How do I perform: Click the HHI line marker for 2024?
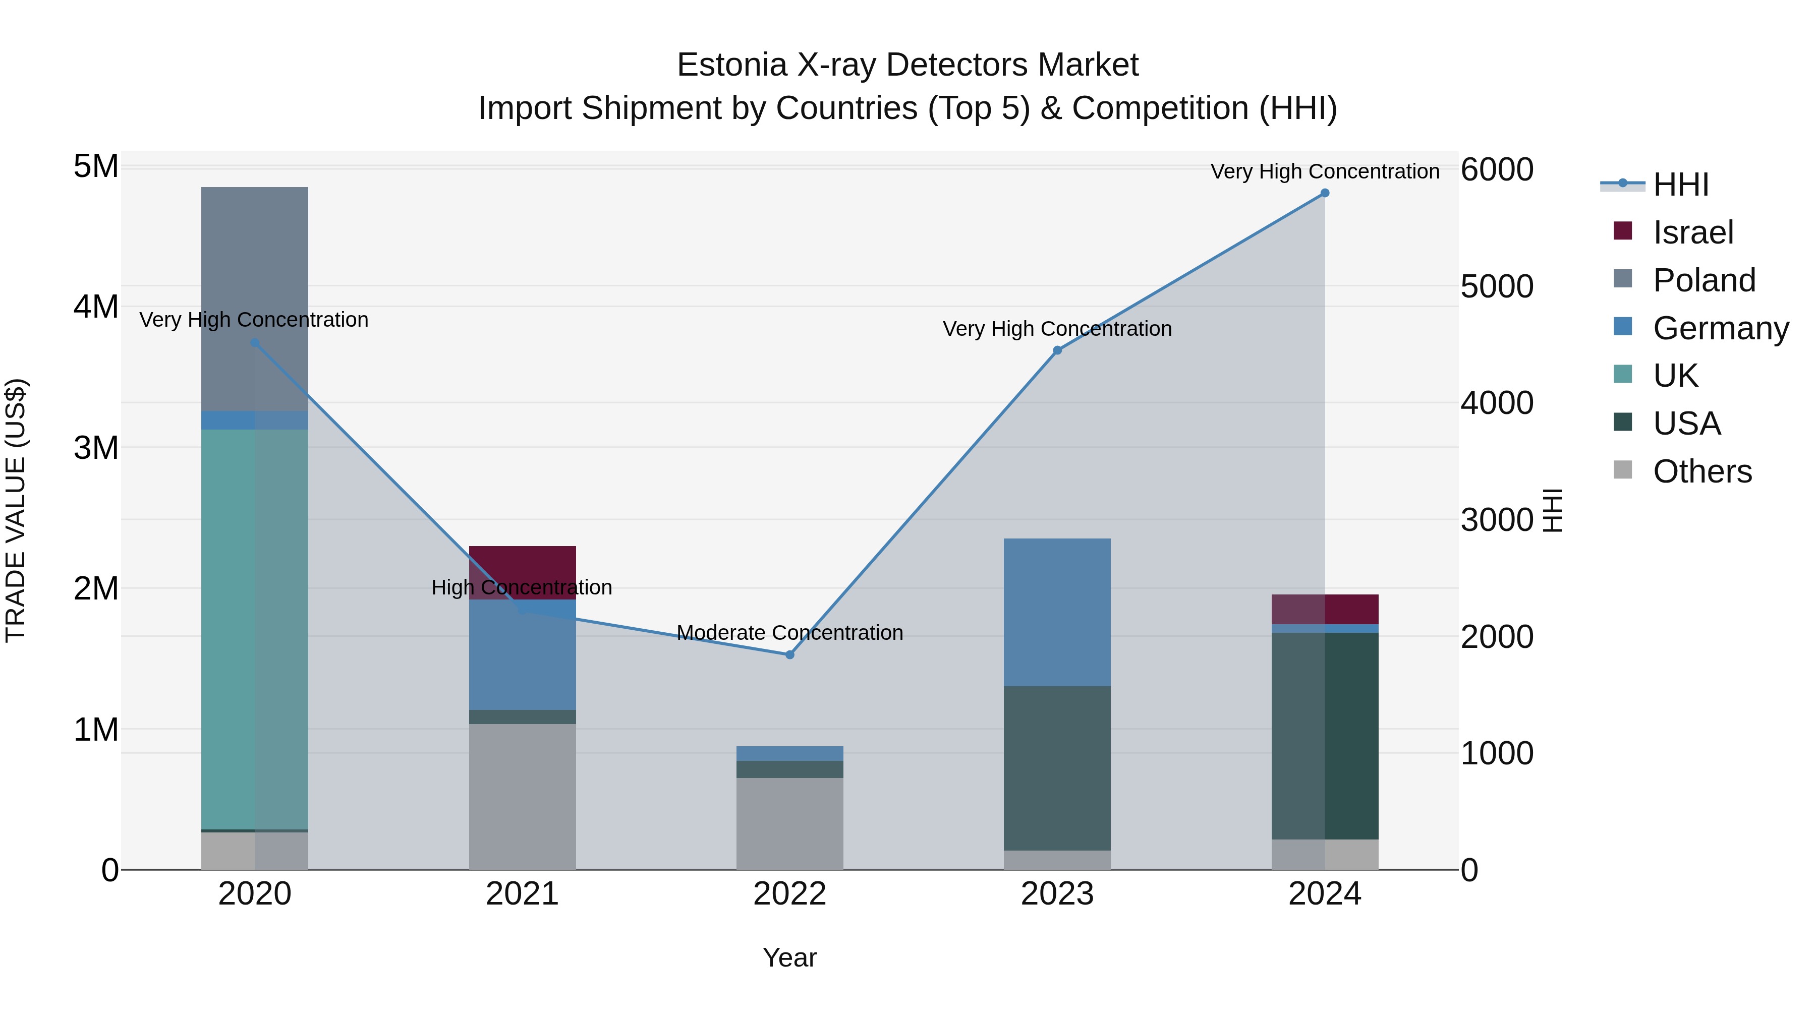point(1325,193)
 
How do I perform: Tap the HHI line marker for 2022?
point(789,654)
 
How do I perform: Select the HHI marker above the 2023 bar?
point(1057,350)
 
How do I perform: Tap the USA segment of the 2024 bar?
point(1325,736)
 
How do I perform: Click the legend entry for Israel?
point(1692,232)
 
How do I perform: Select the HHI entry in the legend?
point(1681,185)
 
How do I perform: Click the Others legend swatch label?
point(1702,471)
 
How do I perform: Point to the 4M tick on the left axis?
point(96,307)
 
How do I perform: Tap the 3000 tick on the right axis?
point(1497,520)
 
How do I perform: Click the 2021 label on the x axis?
point(523,893)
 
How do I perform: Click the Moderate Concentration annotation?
point(789,633)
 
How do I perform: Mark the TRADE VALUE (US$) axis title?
point(16,510)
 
